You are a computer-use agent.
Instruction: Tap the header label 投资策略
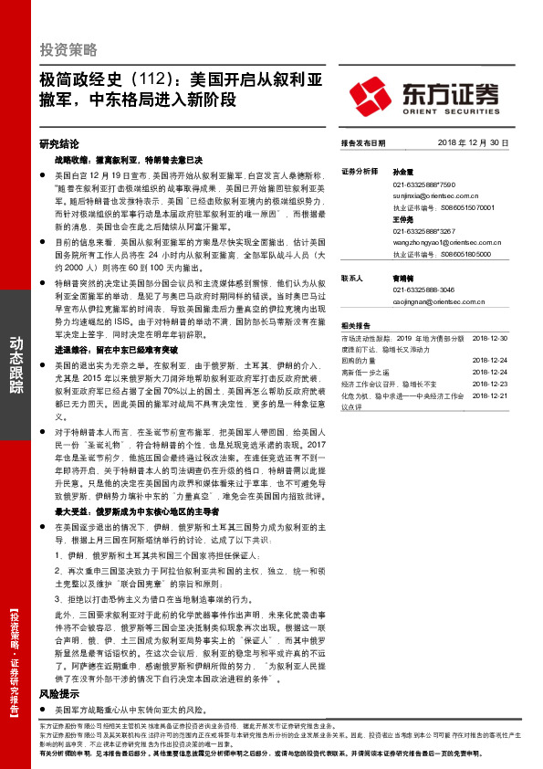[x=68, y=50]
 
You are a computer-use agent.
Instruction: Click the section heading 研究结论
[x=60, y=143]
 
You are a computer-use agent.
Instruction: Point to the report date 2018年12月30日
[x=471, y=143]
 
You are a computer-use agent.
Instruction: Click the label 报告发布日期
[x=363, y=143]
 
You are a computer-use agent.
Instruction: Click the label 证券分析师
[x=359, y=170]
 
